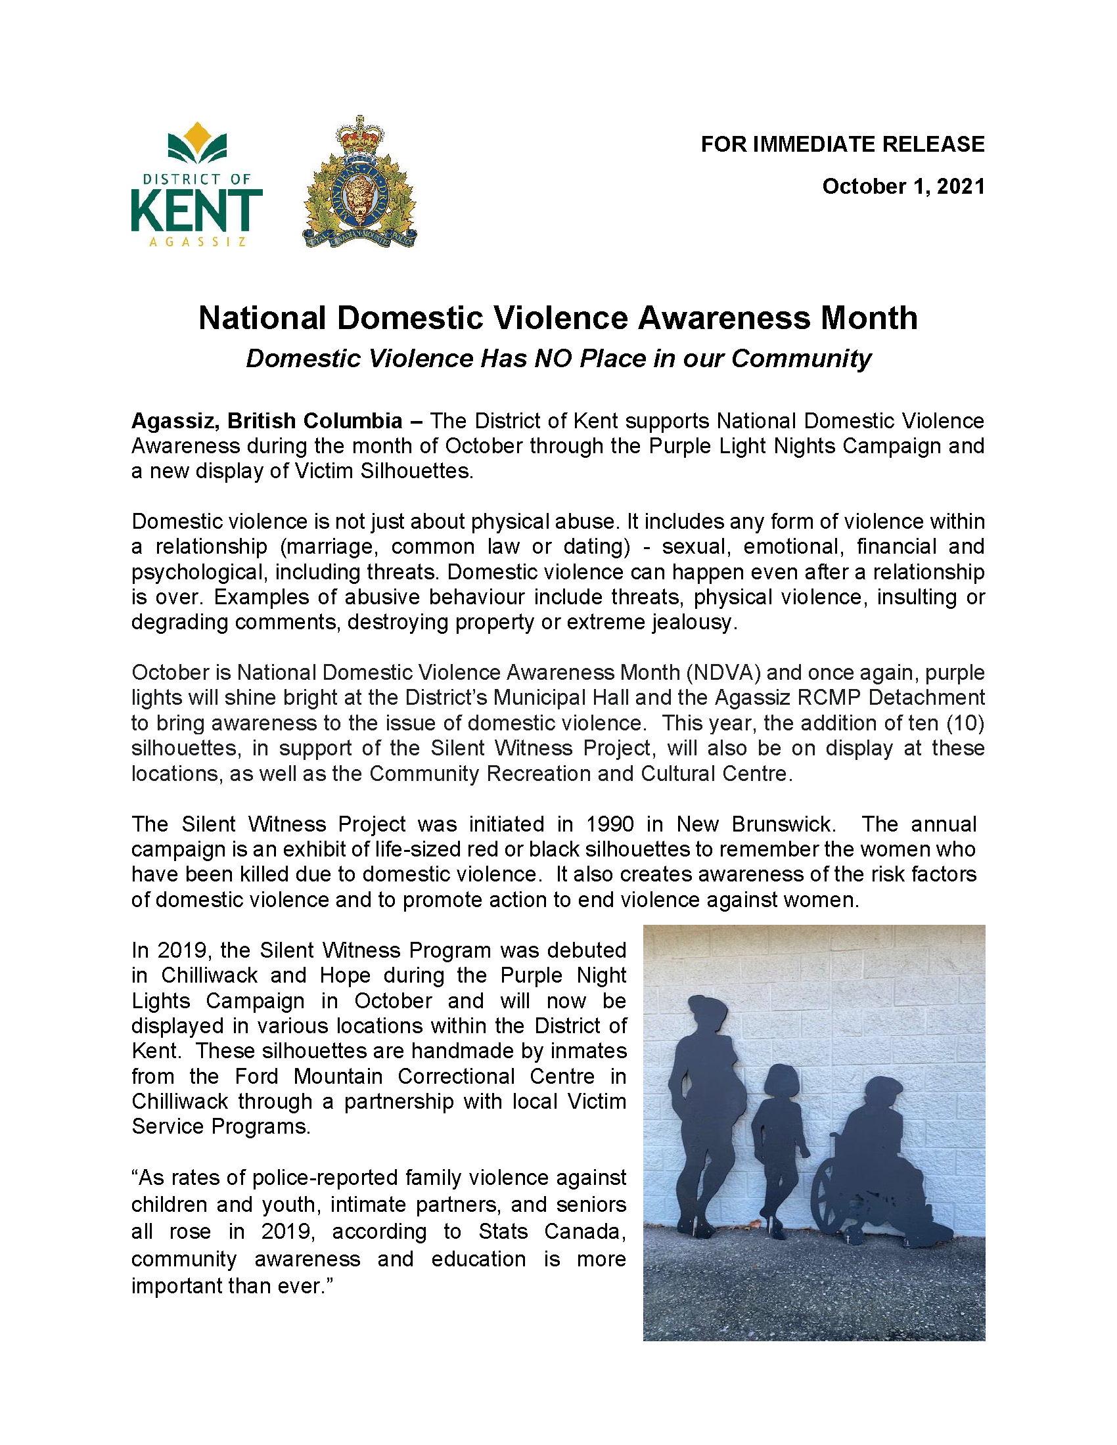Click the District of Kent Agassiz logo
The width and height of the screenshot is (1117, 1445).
[196, 185]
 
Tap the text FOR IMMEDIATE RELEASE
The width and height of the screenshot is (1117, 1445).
[842, 144]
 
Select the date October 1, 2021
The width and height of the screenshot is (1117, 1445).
[903, 187]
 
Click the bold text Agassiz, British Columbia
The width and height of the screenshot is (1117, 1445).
[267, 421]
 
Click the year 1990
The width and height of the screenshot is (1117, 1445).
[610, 824]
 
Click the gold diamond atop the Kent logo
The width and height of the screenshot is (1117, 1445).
[196, 134]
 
